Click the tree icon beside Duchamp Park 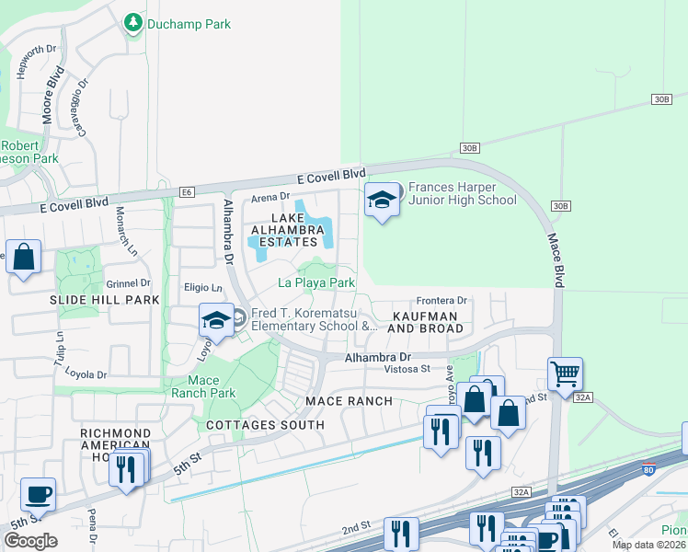133,22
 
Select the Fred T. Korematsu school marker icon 215,320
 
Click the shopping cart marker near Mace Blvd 565,374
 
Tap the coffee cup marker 38,494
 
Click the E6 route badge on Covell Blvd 188,191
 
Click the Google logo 30,540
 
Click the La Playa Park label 316,283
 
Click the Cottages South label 265,424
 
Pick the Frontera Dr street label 441,300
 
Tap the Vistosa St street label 407,369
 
